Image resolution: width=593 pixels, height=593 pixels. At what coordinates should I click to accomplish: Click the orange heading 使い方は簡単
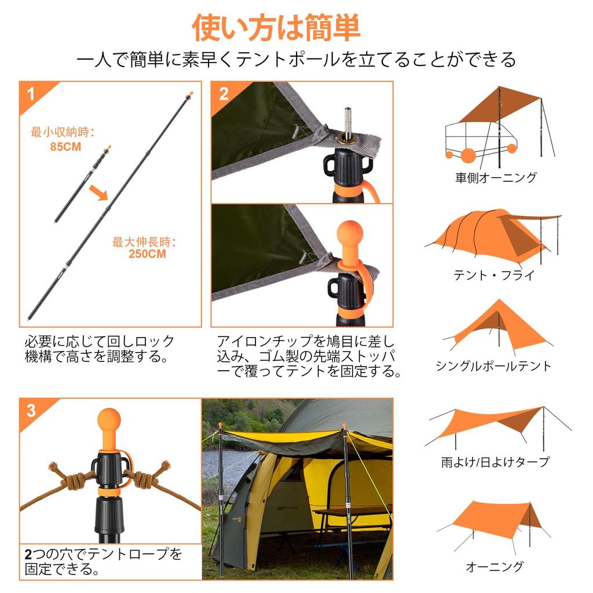pyautogui.click(x=277, y=28)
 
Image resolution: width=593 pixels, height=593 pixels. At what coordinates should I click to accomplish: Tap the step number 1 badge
pyautogui.click(x=31, y=93)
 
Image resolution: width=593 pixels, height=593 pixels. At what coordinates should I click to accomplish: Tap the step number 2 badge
pyautogui.click(x=223, y=93)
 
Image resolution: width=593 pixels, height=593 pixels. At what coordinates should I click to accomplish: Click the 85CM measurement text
pyautogui.click(x=65, y=147)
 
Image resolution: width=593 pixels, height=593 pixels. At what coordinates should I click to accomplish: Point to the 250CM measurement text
pyautogui.click(x=147, y=254)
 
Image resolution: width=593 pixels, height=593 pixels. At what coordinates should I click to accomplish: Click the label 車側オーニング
pyautogui.click(x=496, y=178)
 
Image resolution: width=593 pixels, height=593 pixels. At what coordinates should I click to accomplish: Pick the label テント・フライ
pyautogui.click(x=494, y=275)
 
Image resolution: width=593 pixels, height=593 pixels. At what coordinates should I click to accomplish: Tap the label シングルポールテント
pyautogui.click(x=494, y=366)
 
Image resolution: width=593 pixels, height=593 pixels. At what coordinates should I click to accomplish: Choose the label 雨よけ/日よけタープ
pyautogui.click(x=495, y=462)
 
